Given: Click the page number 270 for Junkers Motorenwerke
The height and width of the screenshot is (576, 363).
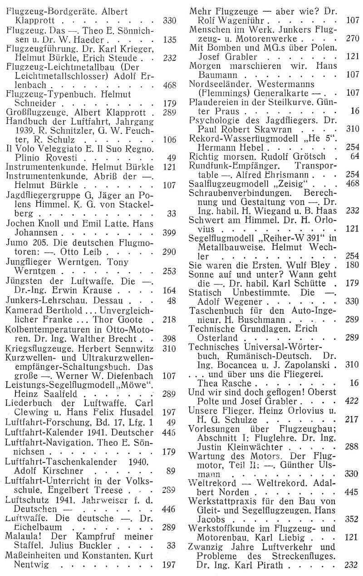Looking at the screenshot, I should [x=352, y=39].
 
